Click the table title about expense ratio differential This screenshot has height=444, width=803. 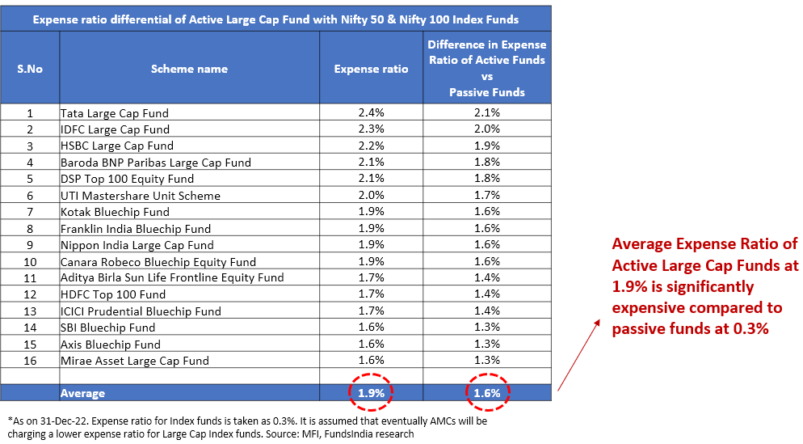point(276,19)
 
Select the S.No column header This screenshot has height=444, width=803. point(30,69)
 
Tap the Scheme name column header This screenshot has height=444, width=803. point(189,69)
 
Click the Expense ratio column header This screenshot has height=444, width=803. point(372,69)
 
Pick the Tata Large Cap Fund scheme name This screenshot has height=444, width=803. point(115,113)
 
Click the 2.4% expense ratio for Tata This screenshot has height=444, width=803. point(372,113)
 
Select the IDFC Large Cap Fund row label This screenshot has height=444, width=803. point(115,129)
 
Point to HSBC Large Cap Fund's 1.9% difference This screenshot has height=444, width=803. point(487,146)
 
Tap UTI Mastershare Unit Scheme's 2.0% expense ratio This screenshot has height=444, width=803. point(372,196)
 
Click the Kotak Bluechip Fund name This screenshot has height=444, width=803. point(115,212)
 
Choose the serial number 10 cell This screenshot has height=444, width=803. point(30,262)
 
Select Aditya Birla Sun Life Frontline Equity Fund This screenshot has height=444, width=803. point(172,278)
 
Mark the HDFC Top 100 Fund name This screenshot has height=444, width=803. point(113,294)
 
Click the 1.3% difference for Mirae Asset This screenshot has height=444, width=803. point(487,361)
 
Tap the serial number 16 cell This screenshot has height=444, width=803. point(30,361)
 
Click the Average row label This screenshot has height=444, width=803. point(82,394)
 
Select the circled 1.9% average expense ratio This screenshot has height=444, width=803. point(372,393)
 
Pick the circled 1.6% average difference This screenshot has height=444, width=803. point(487,393)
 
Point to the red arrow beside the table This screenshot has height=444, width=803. point(578,356)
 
